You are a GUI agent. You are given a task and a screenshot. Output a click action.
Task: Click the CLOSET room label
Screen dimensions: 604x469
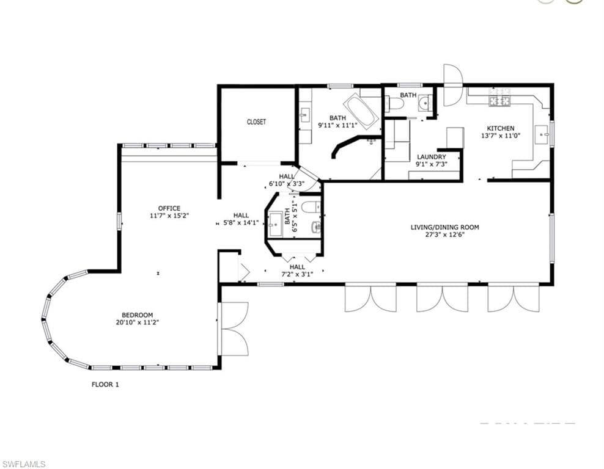point(256,122)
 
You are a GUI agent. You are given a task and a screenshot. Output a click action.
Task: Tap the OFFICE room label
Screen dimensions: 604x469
point(169,208)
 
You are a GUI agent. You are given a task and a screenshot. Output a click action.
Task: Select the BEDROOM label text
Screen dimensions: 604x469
point(138,314)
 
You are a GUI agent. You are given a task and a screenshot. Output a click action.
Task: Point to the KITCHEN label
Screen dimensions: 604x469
point(501,128)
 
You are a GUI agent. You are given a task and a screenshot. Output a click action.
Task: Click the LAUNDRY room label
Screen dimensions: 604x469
point(432,157)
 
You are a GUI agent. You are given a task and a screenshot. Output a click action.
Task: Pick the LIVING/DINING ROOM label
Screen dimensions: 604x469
point(445,227)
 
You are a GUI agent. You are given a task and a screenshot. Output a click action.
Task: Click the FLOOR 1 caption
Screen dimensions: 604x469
point(105,384)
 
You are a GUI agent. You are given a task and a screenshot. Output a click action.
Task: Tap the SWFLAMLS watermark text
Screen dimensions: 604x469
point(23,464)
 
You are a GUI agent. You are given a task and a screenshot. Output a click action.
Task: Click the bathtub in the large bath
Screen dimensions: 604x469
point(362,109)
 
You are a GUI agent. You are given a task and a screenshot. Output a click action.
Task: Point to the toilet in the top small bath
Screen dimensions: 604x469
point(394,104)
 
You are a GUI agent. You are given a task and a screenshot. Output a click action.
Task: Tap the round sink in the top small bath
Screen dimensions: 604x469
point(424,103)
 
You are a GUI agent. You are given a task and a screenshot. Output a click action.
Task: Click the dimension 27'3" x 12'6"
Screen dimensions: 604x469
point(445,234)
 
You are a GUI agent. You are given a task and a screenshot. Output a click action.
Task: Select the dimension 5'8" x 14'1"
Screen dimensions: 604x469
point(241,222)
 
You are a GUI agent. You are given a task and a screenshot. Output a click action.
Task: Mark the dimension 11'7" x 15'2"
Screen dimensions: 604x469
point(169,216)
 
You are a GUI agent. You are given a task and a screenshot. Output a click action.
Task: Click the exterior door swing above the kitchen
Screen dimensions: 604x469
point(452,85)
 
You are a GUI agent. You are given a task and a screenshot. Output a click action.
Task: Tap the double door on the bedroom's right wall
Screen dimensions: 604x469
point(232,329)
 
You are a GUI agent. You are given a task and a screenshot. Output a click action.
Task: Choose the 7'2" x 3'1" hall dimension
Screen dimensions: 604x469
point(297,274)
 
